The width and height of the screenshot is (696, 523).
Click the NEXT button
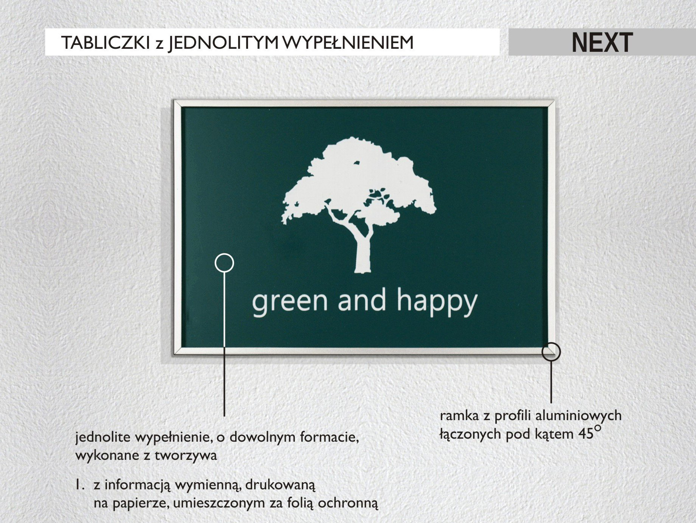pyautogui.click(x=602, y=42)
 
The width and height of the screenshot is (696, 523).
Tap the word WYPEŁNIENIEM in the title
pyautogui.click(x=348, y=43)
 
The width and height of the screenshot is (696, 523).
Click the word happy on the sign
pyautogui.click(x=437, y=301)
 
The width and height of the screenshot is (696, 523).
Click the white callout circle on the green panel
pyautogui.click(x=224, y=262)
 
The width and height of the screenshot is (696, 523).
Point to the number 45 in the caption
pyautogui.click(x=586, y=434)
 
